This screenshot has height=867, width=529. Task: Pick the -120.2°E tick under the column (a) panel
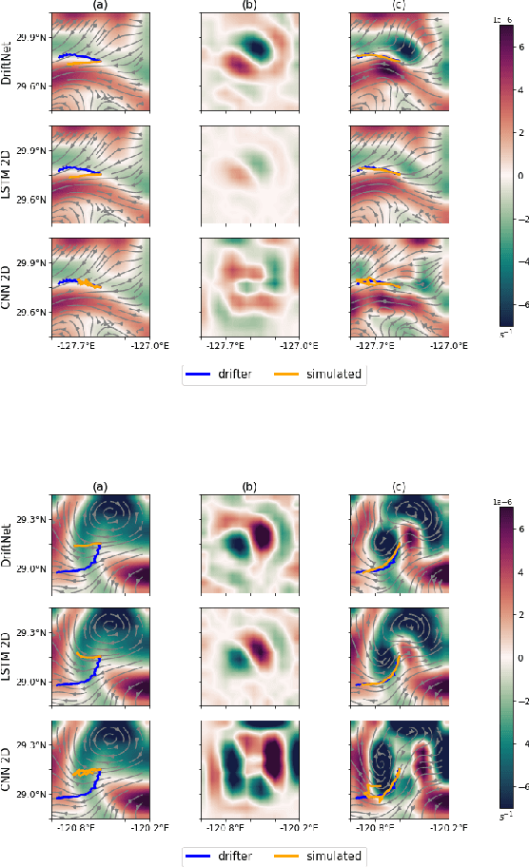[x=149, y=828]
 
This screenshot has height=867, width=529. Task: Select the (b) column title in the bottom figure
[x=249, y=487]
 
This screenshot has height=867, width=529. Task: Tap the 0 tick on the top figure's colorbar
[x=521, y=176]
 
